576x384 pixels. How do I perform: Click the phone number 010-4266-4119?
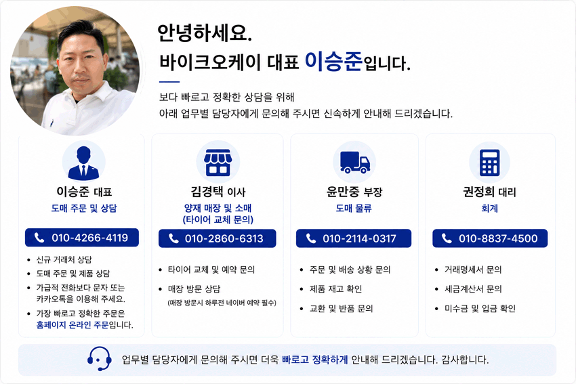pyautogui.click(x=89, y=238)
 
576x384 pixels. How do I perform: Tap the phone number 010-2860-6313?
pyautogui.click(x=224, y=238)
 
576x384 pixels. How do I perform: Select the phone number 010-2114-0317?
pyautogui.click(x=359, y=238)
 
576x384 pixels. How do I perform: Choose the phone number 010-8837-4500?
pyautogui.click(x=498, y=238)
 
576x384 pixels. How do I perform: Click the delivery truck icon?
pyautogui.click(x=355, y=162)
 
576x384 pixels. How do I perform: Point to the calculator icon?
pyautogui.click(x=490, y=163)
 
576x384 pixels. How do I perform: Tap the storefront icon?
pyautogui.click(x=218, y=163)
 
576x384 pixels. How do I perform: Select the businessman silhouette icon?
pyautogui.click(x=84, y=163)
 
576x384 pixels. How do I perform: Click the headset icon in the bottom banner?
pyautogui.click(x=100, y=359)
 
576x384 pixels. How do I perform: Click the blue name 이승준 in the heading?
pyautogui.click(x=333, y=61)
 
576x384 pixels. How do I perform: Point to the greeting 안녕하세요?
pyautogui.click(x=204, y=33)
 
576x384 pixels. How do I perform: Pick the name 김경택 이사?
pyautogui.click(x=218, y=192)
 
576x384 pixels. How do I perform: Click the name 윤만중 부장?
pyautogui.click(x=354, y=192)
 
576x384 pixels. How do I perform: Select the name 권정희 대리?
pyautogui.click(x=490, y=192)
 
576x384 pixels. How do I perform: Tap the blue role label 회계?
pyautogui.click(x=490, y=208)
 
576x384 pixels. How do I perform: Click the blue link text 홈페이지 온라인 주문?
pyautogui.click(x=73, y=325)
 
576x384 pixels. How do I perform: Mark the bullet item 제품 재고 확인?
pyautogui.click(x=335, y=289)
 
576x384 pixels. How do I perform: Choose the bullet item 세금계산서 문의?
pyautogui.click(x=473, y=289)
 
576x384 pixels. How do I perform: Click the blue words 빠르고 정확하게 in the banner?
pyautogui.click(x=315, y=360)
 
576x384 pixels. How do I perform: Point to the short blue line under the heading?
pyautogui.click(x=169, y=82)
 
